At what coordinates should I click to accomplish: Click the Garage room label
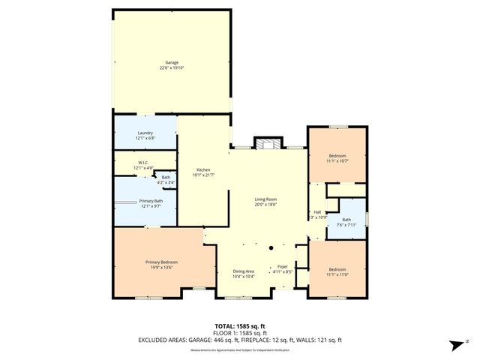pyautogui.click(x=172, y=62)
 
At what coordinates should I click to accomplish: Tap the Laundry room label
pyautogui.click(x=145, y=133)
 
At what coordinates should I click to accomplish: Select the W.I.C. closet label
pyautogui.click(x=143, y=162)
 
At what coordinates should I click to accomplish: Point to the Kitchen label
pyautogui.click(x=204, y=169)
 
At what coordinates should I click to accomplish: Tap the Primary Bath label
pyautogui.click(x=150, y=200)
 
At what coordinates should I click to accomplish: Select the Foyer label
pyautogui.click(x=283, y=266)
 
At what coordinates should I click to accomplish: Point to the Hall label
pyautogui.click(x=316, y=211)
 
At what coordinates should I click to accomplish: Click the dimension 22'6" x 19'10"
pyautogui.click(x=172, y=68)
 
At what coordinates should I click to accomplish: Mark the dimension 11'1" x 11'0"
pyautogui.click(x=337, y=274)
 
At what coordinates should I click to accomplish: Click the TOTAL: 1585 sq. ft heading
pyautogui.click(x=239, y=325)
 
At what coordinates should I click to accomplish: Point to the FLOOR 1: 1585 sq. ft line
pyautogui.click(x=239, y=332)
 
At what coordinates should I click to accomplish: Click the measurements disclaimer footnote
pyautogui.click(x=239, y=349)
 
